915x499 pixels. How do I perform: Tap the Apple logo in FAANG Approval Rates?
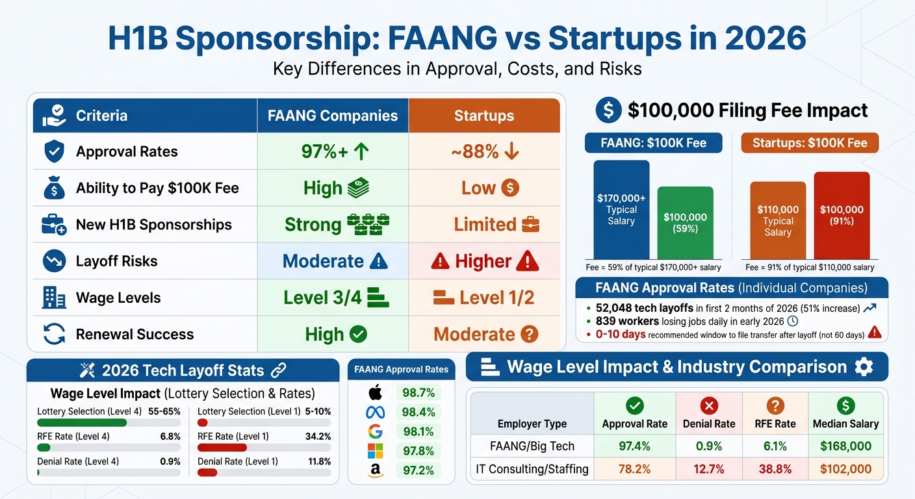point(376,392)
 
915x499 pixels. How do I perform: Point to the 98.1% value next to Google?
point(419,431)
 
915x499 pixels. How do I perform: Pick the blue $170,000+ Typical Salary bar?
point(621,209)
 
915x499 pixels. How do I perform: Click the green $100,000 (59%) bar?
point(685,223)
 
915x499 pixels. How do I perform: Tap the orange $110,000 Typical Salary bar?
point(778,221)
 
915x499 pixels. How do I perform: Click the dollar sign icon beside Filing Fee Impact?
point(608,110)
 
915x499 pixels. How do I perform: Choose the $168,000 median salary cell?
point(845,446)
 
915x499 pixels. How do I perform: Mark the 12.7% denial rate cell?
point(708,468)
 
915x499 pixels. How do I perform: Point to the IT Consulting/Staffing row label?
point(532,468)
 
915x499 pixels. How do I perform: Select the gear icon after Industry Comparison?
point(864,367)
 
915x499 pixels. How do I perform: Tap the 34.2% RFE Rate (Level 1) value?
point(318,437)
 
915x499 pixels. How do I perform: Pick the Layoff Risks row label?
point(116,261)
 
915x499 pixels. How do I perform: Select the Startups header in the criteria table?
point(484,116)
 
